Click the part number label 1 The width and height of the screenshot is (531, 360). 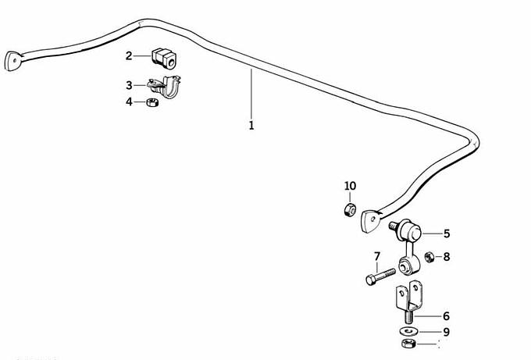pyautogui.click(x=251, y=126)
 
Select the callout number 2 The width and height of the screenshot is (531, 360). pyautogui.click(x=129, y=56)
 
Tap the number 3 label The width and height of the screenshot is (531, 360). pyautogui.click(x=129, y=85)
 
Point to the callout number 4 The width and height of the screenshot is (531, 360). pyautogui.click(x=129, y=102)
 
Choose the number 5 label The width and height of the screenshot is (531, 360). pyautogui.click(x=447, y=233)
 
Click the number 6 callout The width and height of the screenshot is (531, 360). pyautogui.click(x=447, y=316)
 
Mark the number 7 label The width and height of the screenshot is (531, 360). pyautogui.click(x=377, y=256)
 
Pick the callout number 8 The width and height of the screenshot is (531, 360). pyautogui.click(x=447, y=257)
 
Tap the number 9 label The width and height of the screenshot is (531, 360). pyautogui.click(x=447, y=332)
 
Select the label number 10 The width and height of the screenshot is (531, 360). pyautogui.click(x=350, y=186)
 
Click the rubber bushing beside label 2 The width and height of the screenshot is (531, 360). pyautogui.click(x=163, y=59)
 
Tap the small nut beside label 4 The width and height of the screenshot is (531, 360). pyautogui.click(x=152, y=102)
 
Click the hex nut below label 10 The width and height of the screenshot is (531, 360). pyautogui.click(x=350, y=210)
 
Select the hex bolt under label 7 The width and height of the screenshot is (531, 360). pyautogui.click(x=380, y=276)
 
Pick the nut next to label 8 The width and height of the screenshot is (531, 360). pyautogui.click(x=429, y=258)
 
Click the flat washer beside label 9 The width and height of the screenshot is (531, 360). pyautogui.click(x=408, y=330)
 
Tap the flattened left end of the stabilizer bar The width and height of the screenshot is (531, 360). pyautogui.click(x=13, y=61)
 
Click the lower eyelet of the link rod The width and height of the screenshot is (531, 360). pyautogui.click(x=408, y=265)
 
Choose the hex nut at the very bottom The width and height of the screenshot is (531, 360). pyautogui.click(x=408, y=343)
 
